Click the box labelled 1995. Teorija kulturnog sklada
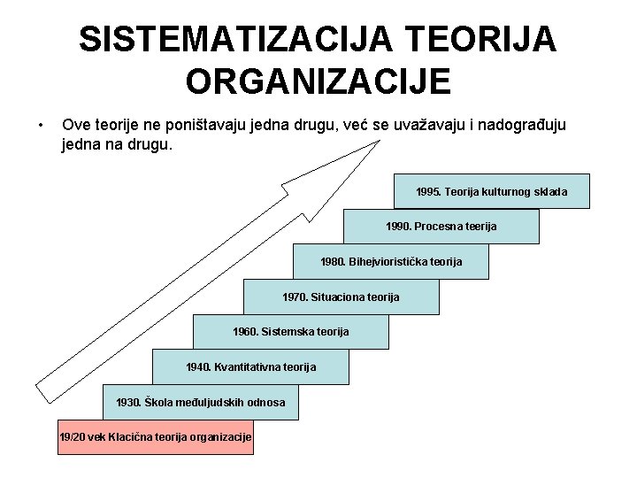pos(491,191)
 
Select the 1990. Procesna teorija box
pos(441,227)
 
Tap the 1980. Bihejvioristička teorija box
pos(390,261)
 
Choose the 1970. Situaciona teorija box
pos(341,297)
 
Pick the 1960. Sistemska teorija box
pos(290,331)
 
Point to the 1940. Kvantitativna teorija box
pos(250,366)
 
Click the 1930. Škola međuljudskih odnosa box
pos(201,402)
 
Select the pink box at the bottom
pos(156,437)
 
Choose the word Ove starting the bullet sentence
pos(77,125)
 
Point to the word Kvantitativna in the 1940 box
pos(249,366)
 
